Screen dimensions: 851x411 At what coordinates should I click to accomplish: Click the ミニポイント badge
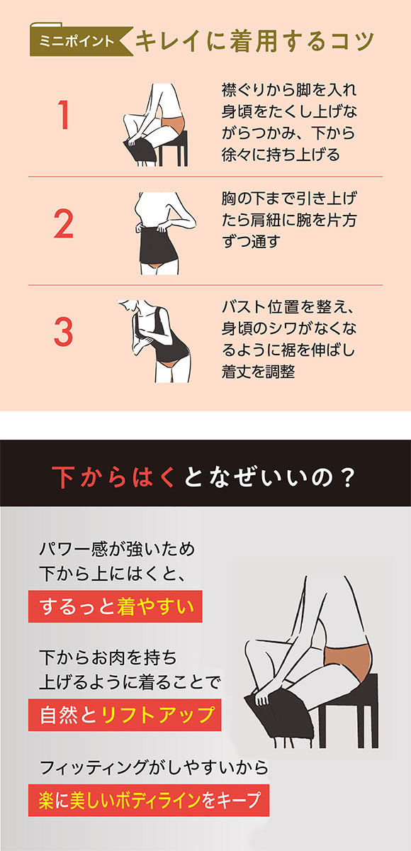click(75, 41)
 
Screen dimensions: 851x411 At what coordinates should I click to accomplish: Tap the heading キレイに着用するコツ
click(254, 40)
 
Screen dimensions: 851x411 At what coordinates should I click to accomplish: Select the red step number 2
click(63, 223)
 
